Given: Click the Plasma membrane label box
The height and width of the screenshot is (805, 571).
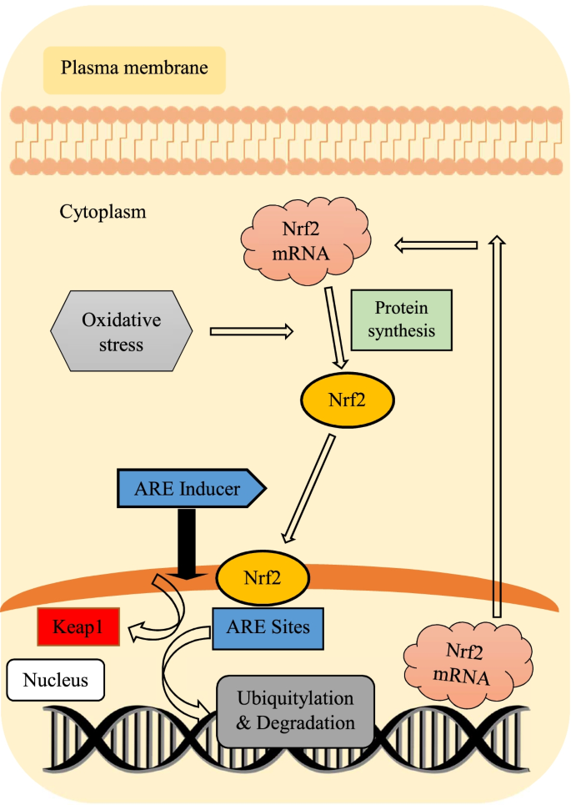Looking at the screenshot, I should coord(134,69).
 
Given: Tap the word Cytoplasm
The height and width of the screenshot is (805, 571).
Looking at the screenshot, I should coord(103,212).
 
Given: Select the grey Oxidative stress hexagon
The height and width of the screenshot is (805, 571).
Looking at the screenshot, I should coord(122,330).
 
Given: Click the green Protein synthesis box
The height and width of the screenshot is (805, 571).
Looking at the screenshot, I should coord(402,319).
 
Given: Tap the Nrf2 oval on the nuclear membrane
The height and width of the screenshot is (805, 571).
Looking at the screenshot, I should coord(263,575).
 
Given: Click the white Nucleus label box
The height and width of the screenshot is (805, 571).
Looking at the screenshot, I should coord(56,679).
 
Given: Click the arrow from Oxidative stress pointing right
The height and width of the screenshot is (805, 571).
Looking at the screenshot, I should coord(250,331).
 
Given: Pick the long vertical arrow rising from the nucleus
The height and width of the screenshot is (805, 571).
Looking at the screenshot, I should coord(496,425).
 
